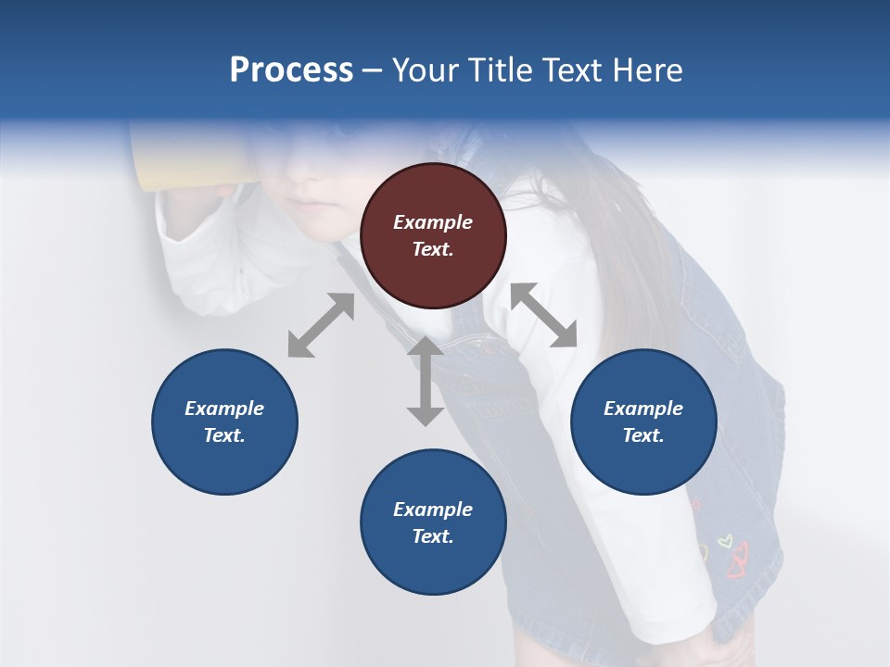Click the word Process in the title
tap(291, 70)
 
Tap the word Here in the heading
tap(649, 70)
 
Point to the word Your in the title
tap(423, 70)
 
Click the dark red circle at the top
tap(433, 236)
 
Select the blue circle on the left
tap(224, 422)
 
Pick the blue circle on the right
tap(643, 422)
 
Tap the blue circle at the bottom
tap(433, 522)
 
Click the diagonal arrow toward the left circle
tap(321, 325)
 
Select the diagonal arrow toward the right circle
tap(544, 316)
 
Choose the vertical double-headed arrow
tap(426, 381)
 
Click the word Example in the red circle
tap(433, 222)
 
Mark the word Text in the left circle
tap(224, 436)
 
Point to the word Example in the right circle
tap(643, 409)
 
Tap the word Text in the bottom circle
tap(433, 537)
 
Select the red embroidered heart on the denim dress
tap(739, 560)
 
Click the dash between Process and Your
tap(373, 70)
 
